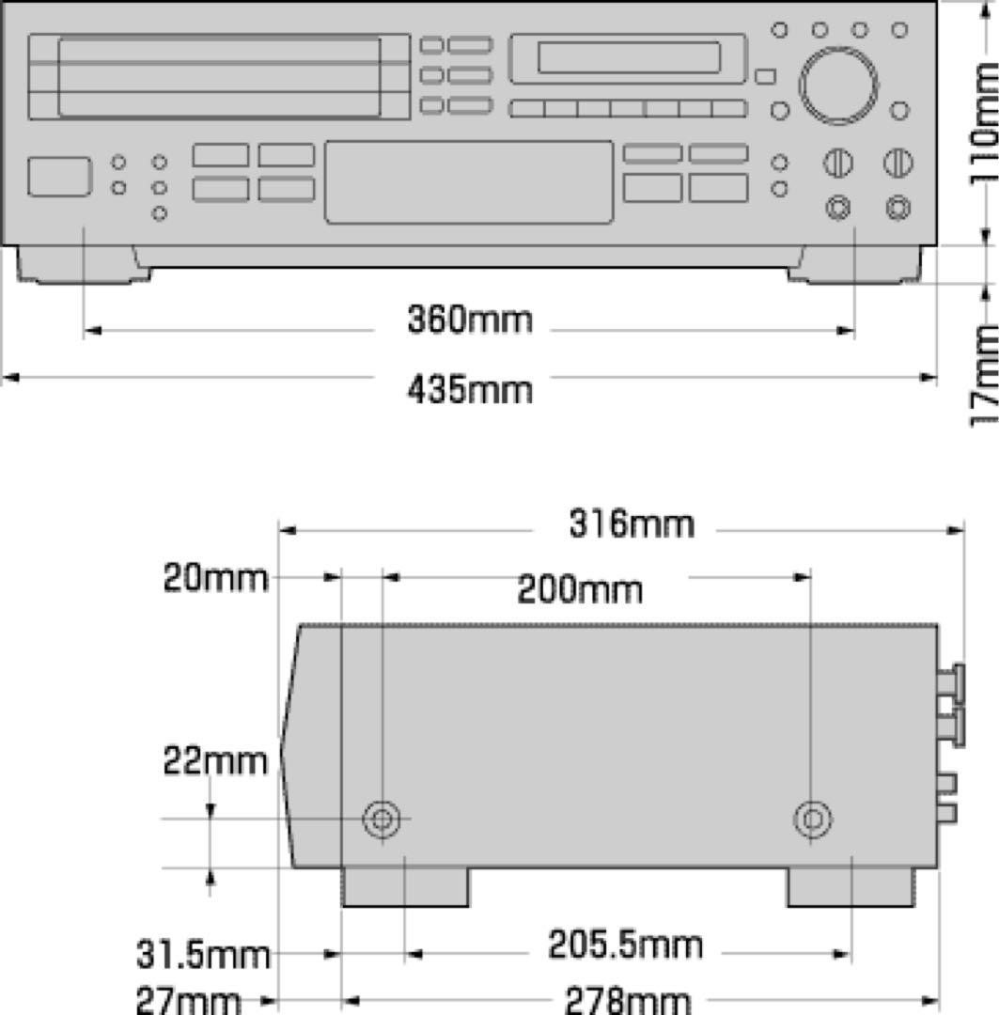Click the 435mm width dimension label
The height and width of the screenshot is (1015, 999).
469,388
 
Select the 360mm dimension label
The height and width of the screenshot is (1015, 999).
469,320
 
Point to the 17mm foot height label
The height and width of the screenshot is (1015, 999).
983,374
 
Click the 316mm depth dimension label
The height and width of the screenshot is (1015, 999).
631,523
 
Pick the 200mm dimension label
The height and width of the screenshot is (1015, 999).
580,590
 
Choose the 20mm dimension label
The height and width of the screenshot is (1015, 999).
215,578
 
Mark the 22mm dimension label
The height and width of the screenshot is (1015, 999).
215,760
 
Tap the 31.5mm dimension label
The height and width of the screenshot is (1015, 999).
203,956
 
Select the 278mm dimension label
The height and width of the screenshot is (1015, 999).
627,1000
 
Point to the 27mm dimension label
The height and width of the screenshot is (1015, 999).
188,1000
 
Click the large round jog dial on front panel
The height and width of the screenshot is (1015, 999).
838,85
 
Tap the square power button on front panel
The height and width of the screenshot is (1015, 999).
59,177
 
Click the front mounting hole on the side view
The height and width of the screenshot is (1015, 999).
381,820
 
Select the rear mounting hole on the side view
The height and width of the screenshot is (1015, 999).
812,820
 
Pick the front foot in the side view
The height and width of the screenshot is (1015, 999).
405,887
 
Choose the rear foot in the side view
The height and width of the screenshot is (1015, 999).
850,887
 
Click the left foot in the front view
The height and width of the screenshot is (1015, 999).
83,263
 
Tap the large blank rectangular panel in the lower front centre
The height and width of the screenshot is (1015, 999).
469,182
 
